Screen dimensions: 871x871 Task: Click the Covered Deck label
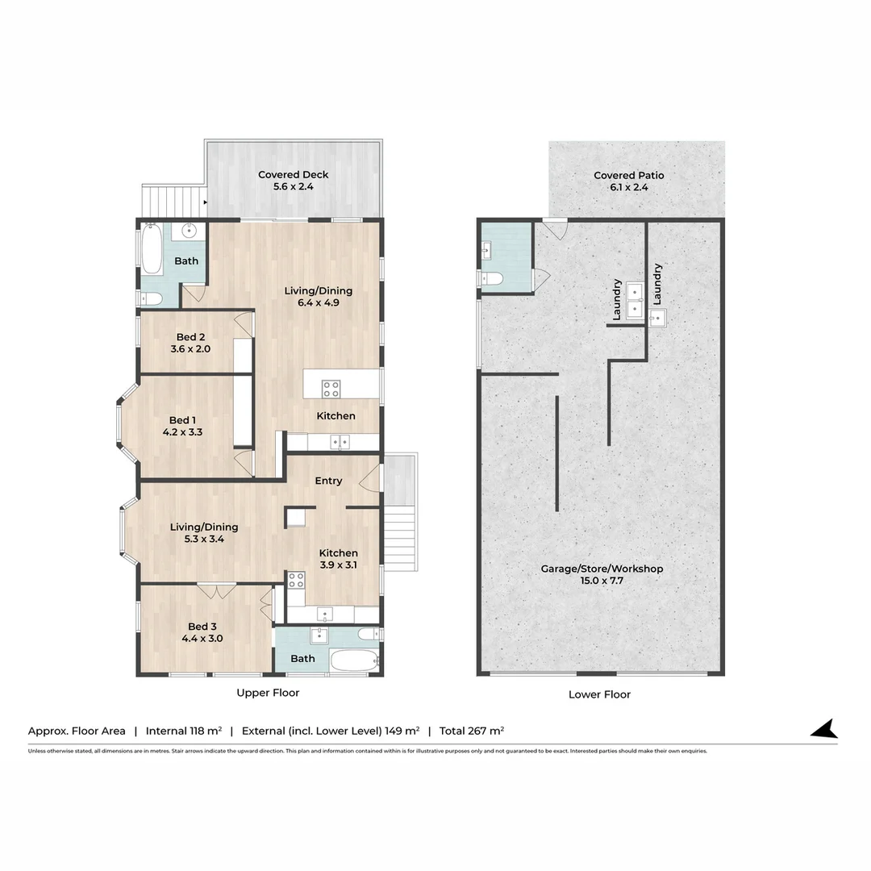click(x=294, y=174)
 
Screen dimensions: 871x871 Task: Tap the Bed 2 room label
click(x=190, y=337)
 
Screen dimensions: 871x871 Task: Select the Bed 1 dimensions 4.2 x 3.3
click(x=183, y=432)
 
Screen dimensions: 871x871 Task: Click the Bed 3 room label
click(x=202, y=627)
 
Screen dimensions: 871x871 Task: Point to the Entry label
click(x=328, y=481)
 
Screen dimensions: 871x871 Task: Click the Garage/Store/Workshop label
click(x=602, y=569)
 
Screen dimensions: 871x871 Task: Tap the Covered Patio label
click(x=629, y=176)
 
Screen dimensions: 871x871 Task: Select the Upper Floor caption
click(x=268, y=693)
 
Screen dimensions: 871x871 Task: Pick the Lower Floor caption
click(x=599, y=694)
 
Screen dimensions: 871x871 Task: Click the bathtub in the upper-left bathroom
click(x=152, y=249)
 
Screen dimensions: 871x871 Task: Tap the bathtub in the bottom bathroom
click(x=354, y=661)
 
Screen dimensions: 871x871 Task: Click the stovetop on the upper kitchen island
click(x=331, y=389)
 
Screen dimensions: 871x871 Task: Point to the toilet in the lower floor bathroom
click(x=491, y=278)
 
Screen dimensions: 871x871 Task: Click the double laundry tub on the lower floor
click(x=635, y=301)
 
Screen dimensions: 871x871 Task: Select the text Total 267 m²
click(x=472, y=731)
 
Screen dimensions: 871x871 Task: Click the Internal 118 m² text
click(x=184, y=731)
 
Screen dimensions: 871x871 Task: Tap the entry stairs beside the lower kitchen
click(x=401, y=540)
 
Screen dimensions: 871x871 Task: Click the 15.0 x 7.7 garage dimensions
click(x=602, y=581)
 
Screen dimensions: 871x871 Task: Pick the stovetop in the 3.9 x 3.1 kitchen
click(x=296, y=581)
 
